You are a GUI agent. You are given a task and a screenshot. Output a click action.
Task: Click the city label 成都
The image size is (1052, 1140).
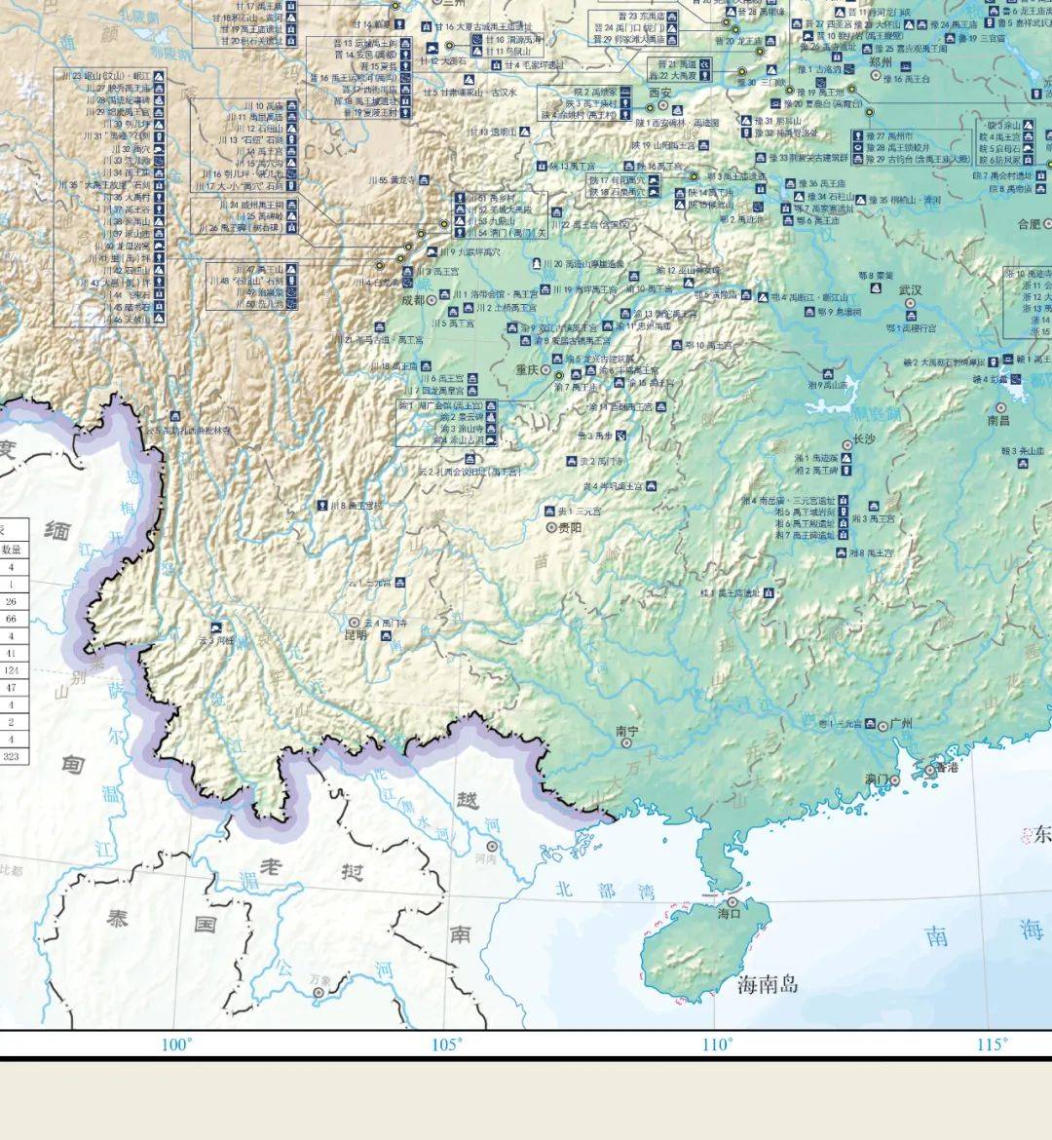pyautogui.click(x=413, y=300)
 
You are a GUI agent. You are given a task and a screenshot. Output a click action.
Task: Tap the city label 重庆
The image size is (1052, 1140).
pyautogui.click(x=527, y=369)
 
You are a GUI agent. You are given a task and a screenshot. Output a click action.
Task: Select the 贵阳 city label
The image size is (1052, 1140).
pyautogui.click(x=569, y=527)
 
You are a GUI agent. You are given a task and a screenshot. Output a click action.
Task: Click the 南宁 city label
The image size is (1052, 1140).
pyautogui.click(x=627, y=731)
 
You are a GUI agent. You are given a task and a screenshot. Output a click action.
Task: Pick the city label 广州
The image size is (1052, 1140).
pyautogui.click(x=901, y=724)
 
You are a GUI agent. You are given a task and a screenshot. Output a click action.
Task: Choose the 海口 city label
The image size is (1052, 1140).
pyautogui.click(x=730, y=914)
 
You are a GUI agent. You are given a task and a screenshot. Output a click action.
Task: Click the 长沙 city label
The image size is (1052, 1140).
pyautogui.click(x=863, y=439)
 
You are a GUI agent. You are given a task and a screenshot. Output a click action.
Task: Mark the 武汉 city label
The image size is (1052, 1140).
pyautogui.click(x=910, y=290)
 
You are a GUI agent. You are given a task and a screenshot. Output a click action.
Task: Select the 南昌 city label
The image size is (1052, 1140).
pyautogui.click(x=998, y=421)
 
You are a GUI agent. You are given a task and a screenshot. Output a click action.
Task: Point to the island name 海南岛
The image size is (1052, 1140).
pyautogui.click(x=768, y=983)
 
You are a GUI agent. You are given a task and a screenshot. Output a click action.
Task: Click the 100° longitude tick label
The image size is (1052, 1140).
pyautogui.click(x=176, y=1045)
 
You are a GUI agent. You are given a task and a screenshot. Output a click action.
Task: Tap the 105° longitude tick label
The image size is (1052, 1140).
pyautogui.click(x=446, y=1045)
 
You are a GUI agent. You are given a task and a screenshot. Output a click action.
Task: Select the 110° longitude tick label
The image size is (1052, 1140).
pyautogui.click(x=717, y=1045)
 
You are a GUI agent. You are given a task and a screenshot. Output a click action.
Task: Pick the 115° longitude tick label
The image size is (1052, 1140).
pyautogui.click(x=992, y=1045)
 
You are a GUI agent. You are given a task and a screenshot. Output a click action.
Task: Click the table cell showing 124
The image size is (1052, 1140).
pyautogui.click(x=12, y=670)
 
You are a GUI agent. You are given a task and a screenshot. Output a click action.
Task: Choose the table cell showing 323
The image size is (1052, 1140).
pyautogui.click(x=12, y=756)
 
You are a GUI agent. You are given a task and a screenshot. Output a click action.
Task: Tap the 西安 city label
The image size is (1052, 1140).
pyautogui.click(x=660, y=92)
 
